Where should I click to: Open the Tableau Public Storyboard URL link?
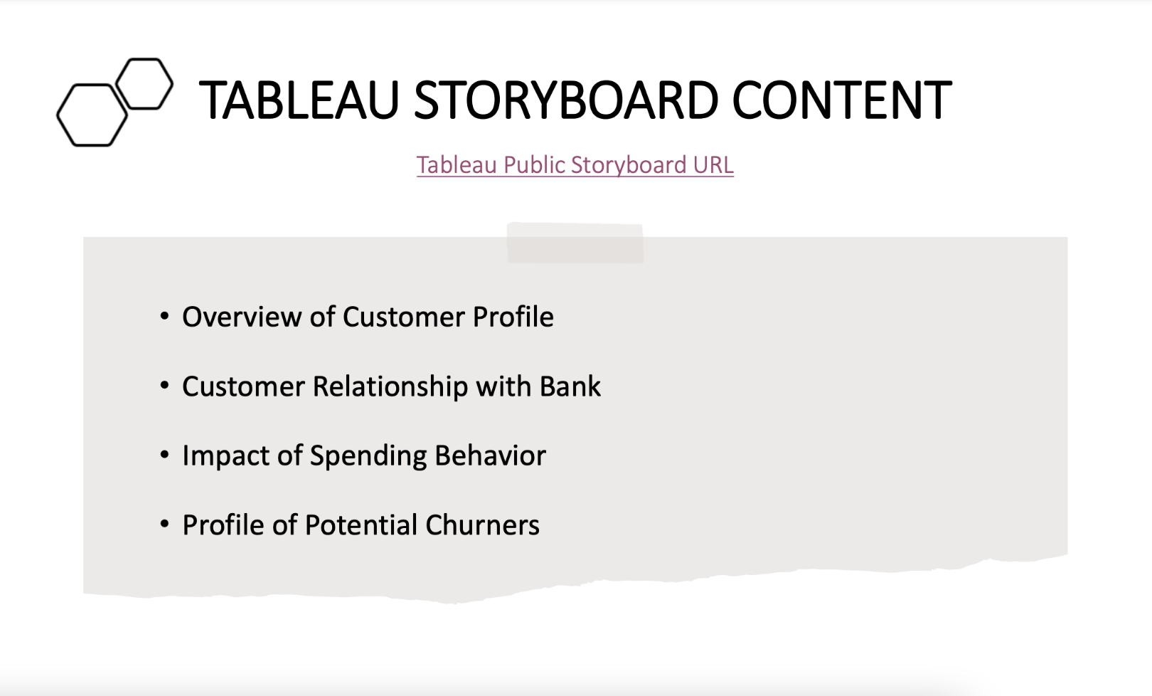[575, 165]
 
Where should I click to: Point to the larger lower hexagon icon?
[58, 115]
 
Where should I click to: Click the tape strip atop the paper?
[575, 243]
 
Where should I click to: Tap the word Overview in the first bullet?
[242, 317]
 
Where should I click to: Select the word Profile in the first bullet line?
[513, 317]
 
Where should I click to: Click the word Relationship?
[390, 387]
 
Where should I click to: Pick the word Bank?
[570, 386]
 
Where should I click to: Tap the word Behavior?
[490, 455]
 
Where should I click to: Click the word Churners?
[482, 525]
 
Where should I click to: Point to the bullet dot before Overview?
[164, 315]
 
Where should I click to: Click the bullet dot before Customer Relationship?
[164, 385]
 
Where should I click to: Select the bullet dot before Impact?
[164, 455]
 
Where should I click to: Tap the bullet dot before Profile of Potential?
[164, 524]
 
